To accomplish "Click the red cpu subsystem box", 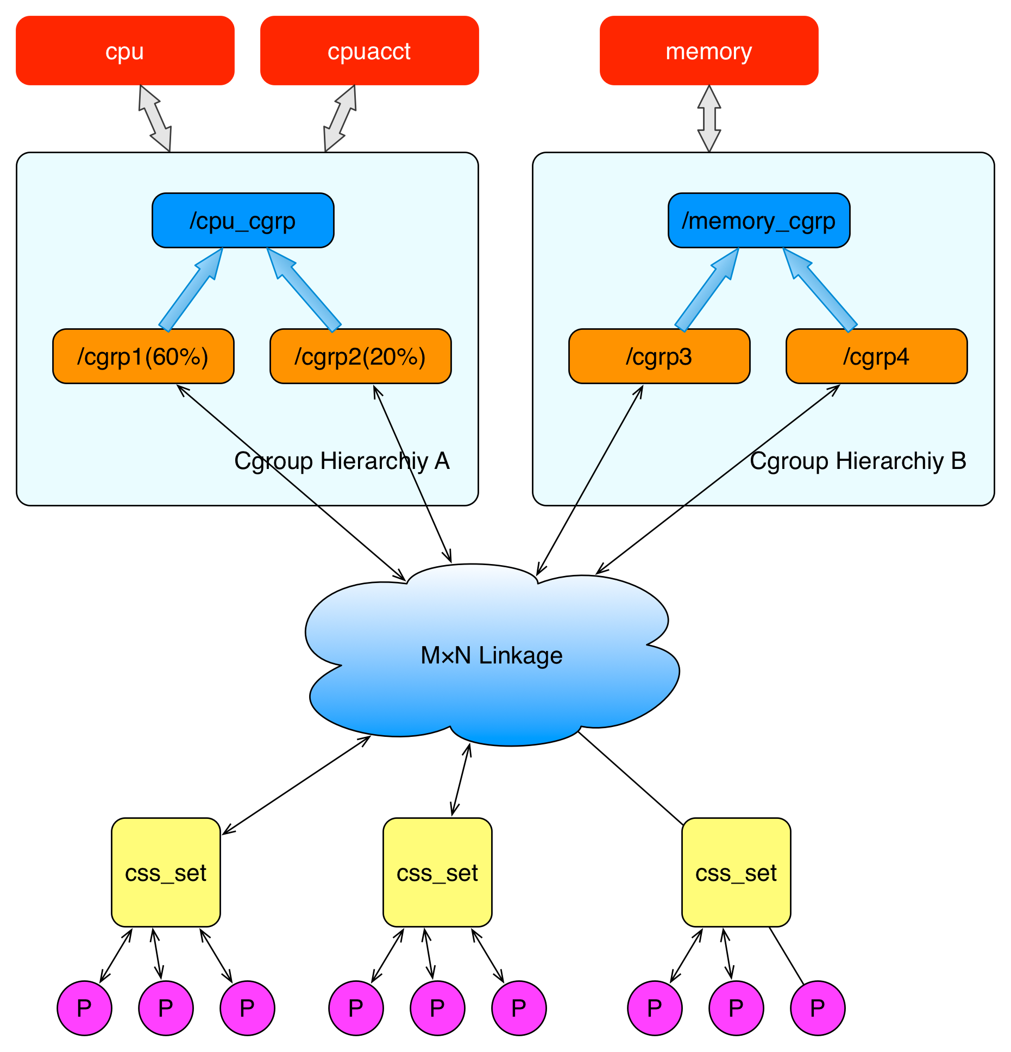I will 125,51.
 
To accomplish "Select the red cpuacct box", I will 369,51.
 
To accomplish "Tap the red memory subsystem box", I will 709,51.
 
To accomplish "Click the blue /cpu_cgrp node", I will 243,221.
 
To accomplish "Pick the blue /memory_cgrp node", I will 759,221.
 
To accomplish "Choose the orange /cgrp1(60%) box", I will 143,356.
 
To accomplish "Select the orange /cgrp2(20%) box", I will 361,356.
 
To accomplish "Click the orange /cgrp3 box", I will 660,356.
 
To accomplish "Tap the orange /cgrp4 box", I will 877,356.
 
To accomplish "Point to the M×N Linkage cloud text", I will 492,655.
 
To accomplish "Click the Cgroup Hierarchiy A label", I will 342,461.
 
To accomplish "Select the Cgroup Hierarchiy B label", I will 858,461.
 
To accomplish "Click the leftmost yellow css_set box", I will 166,873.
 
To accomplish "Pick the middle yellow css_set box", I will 437,873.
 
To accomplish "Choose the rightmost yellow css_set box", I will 736,873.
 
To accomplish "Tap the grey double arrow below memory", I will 709,118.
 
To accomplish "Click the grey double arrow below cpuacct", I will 340,118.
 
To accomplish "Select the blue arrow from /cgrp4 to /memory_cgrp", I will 820,290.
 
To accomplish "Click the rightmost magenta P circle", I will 818,1009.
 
